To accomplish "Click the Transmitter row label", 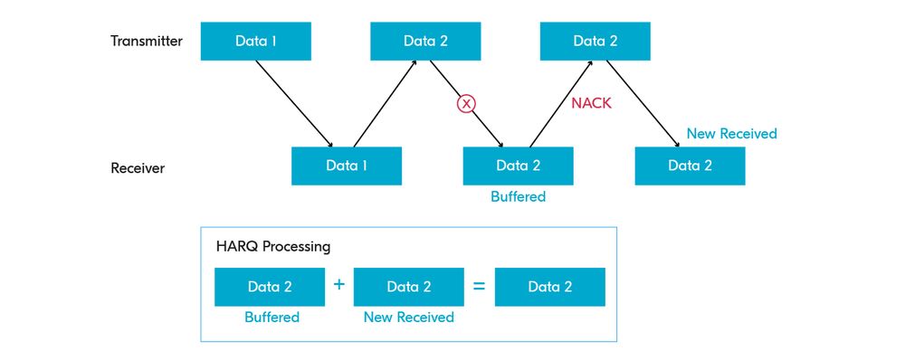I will (147, 42).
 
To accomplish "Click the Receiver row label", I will (138, 167).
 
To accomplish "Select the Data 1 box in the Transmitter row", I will (256, 42).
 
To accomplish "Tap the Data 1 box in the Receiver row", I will (346, 166).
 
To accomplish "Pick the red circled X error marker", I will (466, 103).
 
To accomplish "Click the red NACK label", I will (591, 103).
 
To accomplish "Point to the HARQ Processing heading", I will (272, 245).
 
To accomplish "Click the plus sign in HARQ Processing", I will (339, 285).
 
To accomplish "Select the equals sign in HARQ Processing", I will (479, 286).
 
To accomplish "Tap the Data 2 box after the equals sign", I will (550, 287).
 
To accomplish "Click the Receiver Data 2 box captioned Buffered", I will (518, 166).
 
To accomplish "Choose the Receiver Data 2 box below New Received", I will (690, 166).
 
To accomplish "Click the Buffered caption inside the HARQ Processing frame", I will (271, 317).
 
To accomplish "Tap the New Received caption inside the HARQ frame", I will (408, 317).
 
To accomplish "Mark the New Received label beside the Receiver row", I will (731, 134).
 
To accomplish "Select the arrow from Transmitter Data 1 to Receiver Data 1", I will (294, 102).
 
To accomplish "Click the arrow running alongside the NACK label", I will (561, 102).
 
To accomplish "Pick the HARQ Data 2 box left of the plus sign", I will (270, 287).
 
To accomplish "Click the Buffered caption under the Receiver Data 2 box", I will (518, 195).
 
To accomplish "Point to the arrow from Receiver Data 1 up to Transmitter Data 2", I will (385, 102).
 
